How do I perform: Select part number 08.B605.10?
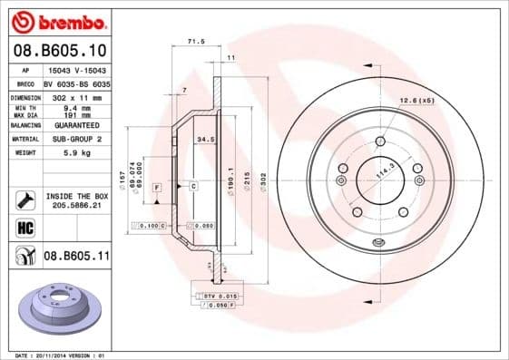point(60,49)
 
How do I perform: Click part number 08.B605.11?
point(77,257)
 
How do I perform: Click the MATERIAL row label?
point(24,140)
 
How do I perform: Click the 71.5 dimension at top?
point(194,42)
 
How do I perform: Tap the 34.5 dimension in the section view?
point(205,140)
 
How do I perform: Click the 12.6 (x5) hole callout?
point(417,100)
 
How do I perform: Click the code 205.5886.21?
point(77,207)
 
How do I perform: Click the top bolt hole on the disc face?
point(377,140)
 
